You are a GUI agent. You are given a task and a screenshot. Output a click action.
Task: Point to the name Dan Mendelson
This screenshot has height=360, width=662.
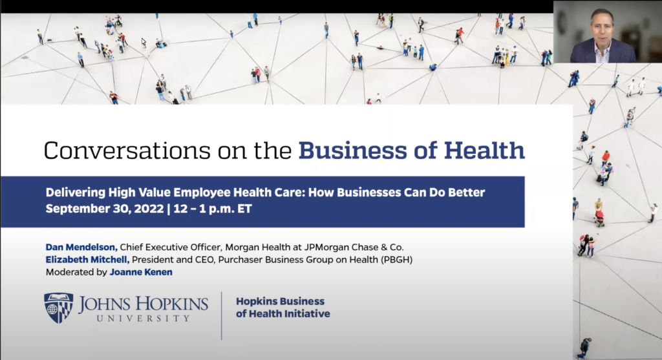[x=81, y=247]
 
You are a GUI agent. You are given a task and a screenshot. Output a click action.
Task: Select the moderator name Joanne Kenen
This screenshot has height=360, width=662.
[x=141, y=272]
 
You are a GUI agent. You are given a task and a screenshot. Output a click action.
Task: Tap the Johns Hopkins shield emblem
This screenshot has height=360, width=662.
[x=59, y=308]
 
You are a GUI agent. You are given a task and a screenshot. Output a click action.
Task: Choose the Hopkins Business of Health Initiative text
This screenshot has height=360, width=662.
[x=283, y=308]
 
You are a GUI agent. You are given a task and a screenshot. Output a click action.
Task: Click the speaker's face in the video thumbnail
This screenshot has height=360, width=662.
[x=603, y=29]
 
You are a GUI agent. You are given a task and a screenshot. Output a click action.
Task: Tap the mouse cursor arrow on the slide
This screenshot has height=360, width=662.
[x=144, y=42]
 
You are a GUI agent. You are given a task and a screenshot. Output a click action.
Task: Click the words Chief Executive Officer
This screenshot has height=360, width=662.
[x=160, y=247]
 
